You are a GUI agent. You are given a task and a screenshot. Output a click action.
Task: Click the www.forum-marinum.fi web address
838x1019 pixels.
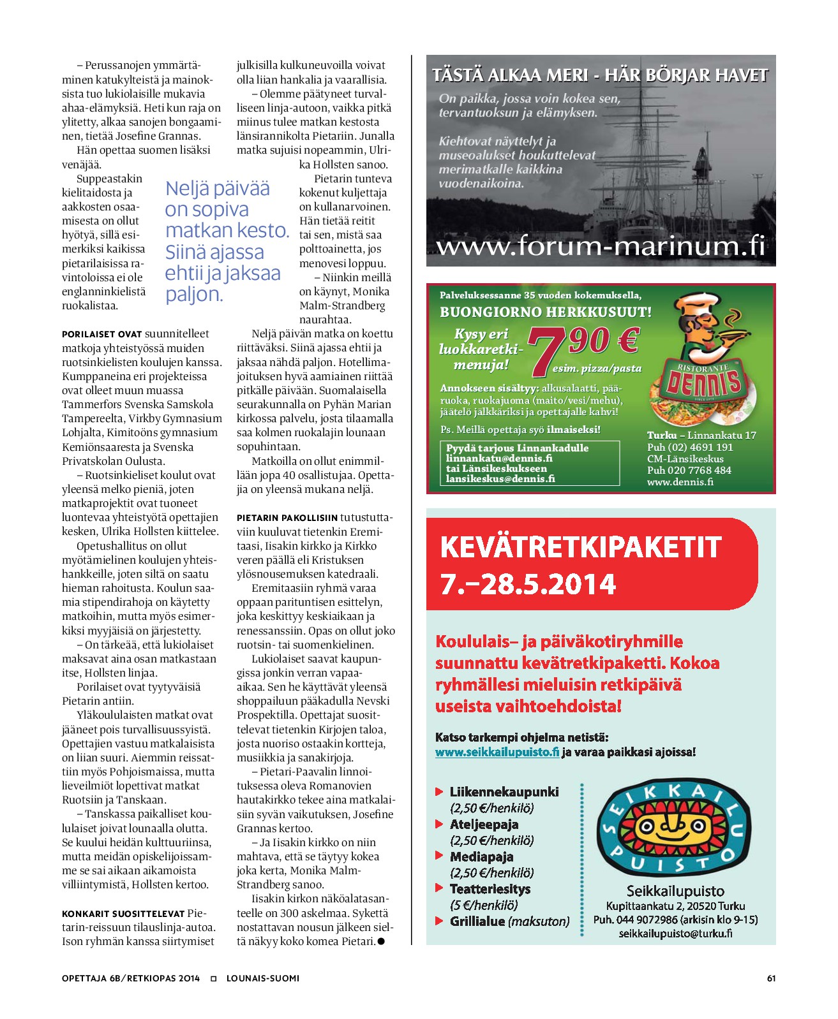pyautogui.click(x=600, y=246)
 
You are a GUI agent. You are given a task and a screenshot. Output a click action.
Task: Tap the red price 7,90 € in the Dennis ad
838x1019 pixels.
pyautogui.click(x=582, y=345)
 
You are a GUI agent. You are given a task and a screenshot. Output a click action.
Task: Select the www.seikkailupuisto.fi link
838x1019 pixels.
pyautogui.click(x=497, y=752)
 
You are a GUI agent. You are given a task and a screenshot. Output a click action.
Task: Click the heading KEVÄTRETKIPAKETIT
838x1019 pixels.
pyautogui.click(x=580, y=547)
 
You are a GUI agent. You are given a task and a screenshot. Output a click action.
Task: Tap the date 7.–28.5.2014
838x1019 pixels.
pyautogui.click(x=528, y=584)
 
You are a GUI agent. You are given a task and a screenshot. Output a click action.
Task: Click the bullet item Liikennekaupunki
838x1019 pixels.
pyautogui.click(x=504, y=792)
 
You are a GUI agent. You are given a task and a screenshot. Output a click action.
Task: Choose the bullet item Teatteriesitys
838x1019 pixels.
pyautogui.click(x=490, y=889)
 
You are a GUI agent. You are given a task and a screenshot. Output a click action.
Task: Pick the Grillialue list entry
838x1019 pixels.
pyautogui.click(x=509, y=921)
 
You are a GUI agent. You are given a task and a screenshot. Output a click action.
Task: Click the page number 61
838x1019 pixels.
pyautogui.click(x=771, y=978)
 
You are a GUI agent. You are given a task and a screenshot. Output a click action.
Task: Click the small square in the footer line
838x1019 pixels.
pyautogui.click(x=213, y=978)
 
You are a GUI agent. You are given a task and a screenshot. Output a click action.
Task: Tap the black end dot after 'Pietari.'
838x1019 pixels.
pyautogui.click(x=381, y=941)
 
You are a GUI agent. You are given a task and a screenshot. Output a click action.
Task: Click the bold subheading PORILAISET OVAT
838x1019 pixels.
pyautogui.click(x=101, y=334)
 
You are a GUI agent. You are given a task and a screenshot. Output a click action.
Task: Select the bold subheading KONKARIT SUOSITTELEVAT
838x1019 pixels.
pyautogui.click(x=123, y=914)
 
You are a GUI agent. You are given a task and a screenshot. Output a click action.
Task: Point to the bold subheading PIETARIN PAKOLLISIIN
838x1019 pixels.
pyautogui.click(x=287, y=518)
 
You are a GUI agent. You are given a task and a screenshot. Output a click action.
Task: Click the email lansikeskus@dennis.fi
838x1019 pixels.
pyautogui.click(x=500, y=478)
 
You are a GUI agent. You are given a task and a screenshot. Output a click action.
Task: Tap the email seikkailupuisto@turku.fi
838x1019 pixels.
pyautogui.click(x=675, y=934)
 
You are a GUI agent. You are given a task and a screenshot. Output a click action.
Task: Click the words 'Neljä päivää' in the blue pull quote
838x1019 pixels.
pyautogui.click(x=218, y=189)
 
